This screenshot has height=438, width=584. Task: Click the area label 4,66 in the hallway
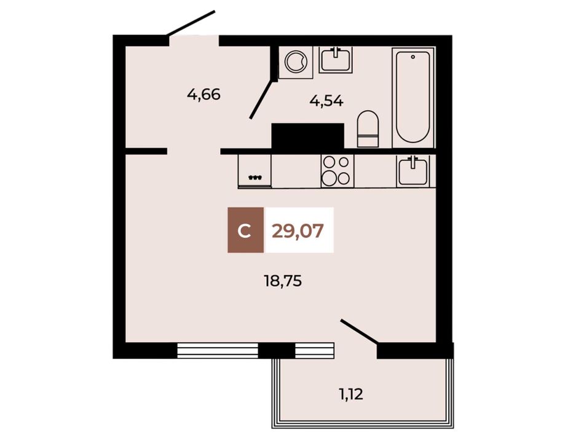203,95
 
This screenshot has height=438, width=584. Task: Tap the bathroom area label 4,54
326,101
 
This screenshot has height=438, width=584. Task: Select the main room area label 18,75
283,281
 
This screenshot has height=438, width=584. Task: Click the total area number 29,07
298,231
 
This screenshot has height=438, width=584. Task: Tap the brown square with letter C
245,230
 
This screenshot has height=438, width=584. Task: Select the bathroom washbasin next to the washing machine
336,59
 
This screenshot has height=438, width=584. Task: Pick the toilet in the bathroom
367,129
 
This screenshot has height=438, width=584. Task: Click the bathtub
413,97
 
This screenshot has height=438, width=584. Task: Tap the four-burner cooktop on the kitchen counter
337,171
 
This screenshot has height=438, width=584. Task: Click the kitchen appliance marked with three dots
255,171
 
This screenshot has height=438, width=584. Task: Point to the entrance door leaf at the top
191,23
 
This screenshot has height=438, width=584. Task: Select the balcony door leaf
360,331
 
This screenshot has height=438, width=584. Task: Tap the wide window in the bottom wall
218,351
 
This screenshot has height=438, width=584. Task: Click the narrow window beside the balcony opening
314,351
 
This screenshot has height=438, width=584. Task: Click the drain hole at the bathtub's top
412,57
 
